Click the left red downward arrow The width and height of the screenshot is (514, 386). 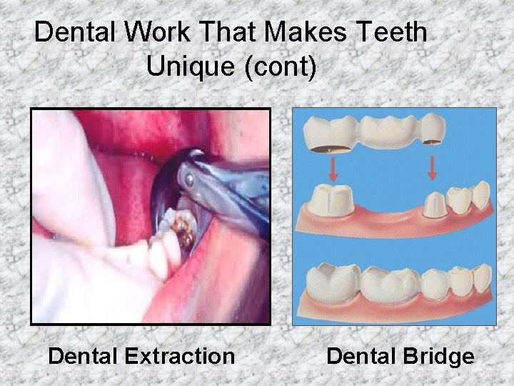tap(333, 169)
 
